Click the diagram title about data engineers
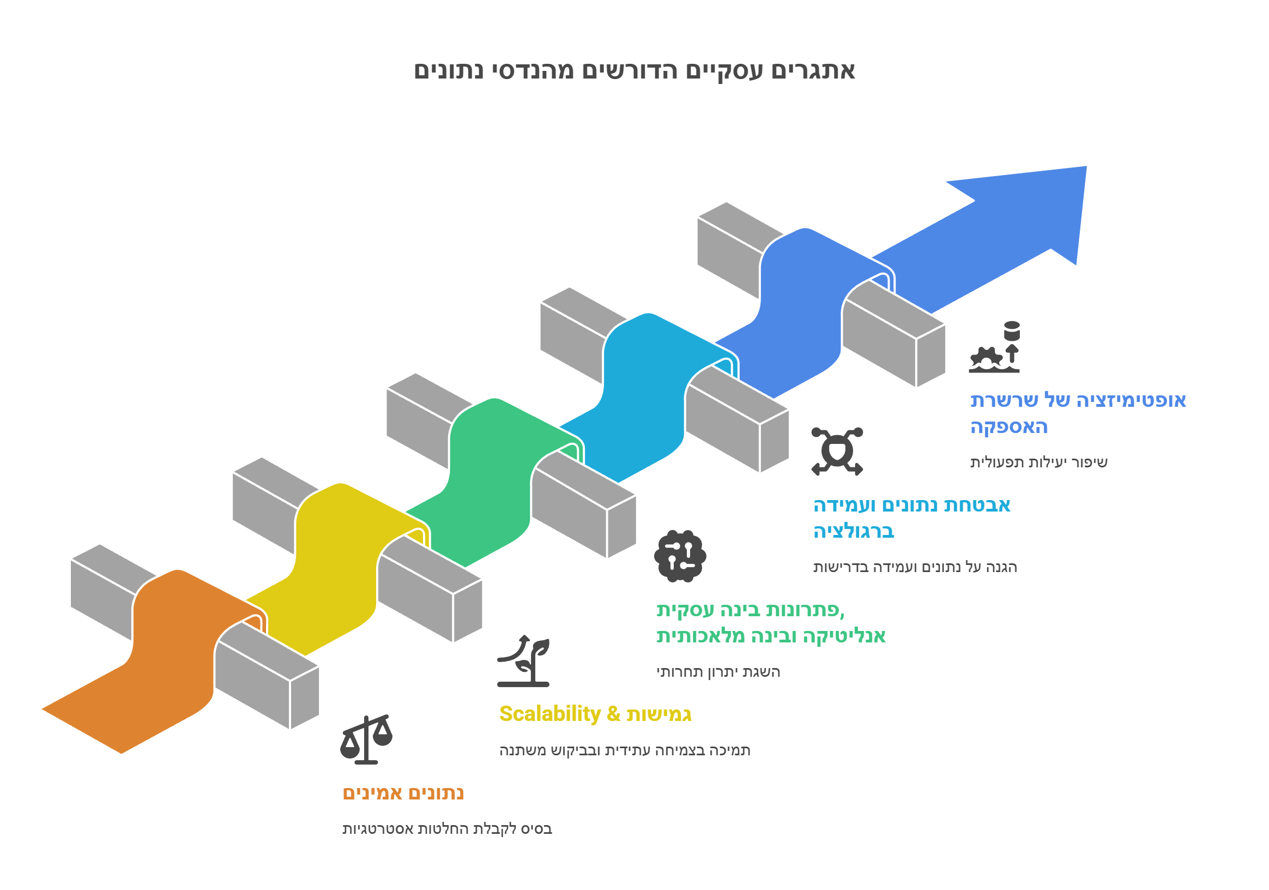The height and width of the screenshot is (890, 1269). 634,71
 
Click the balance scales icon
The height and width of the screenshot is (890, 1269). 366,739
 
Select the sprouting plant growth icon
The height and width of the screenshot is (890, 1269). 523,661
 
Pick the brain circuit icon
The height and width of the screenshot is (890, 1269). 680,556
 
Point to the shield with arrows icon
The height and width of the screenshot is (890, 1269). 837,451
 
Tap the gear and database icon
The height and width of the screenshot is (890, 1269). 994,347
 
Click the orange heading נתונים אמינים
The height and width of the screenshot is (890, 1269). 403,793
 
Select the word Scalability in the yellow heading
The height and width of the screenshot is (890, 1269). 550,714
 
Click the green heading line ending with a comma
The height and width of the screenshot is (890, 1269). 751,610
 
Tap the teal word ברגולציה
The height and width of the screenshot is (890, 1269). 854,531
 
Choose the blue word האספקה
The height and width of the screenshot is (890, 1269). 1009,427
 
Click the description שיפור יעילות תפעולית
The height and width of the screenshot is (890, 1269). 1039,462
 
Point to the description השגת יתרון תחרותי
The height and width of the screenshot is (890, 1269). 718,672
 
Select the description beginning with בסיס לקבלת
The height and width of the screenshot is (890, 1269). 447,828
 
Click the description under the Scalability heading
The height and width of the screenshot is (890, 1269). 625,750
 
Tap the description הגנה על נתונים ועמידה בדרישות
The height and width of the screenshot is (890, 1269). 915,567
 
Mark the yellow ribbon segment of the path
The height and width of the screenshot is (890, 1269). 337,569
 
